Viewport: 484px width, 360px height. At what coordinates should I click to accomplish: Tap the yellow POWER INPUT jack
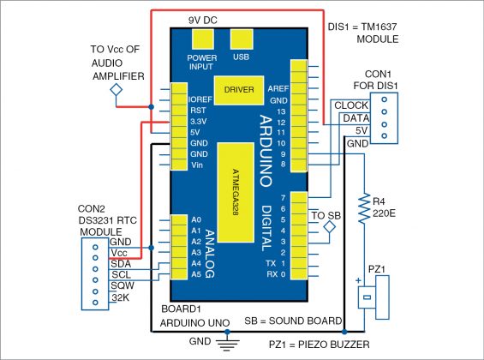(x=202, y=39)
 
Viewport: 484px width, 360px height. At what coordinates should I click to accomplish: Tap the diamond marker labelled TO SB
(x=328, y=227)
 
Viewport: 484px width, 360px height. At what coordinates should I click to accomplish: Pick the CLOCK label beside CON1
(x=352, y=106)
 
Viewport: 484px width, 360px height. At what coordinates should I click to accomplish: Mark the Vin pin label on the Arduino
(x=196, y=164)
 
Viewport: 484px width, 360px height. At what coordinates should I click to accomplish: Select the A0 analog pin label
(x=195, y=220)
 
